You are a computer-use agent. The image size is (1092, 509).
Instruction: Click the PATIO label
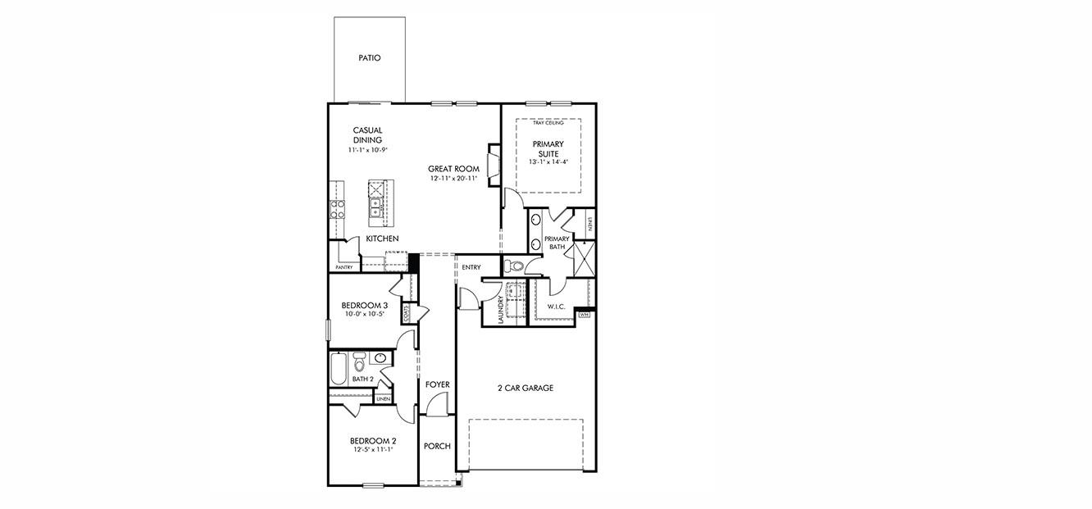tap(369, 58)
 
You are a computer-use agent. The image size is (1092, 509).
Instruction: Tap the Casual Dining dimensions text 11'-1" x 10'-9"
tap(367, 150)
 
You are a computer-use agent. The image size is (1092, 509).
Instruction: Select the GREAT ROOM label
tap(453, 169)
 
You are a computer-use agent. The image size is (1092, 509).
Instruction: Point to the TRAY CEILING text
tap(548, 123)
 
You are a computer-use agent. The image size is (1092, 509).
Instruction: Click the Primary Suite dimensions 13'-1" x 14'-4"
tap(548, 162)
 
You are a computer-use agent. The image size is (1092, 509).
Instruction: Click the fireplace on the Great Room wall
tap(494, 161)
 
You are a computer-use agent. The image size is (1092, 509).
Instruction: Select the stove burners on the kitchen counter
tap(337, 209)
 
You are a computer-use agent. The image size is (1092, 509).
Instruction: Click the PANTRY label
tap(344, 267)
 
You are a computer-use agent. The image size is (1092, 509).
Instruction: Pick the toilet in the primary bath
tap(513, 266)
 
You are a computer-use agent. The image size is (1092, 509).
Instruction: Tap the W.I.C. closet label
tap(556, 307)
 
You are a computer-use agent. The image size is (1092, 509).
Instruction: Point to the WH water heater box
tap(585, 314)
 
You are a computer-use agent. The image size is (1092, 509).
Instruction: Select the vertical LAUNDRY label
tap(500, 309)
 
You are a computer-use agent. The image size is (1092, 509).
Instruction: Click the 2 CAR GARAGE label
tap(525, 388)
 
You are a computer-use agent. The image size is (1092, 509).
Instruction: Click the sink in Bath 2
tap(380, 358)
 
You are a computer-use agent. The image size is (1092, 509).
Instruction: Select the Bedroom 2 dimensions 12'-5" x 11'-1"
tap(373, 449)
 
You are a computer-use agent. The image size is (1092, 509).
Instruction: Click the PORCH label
tap(437, 446)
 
